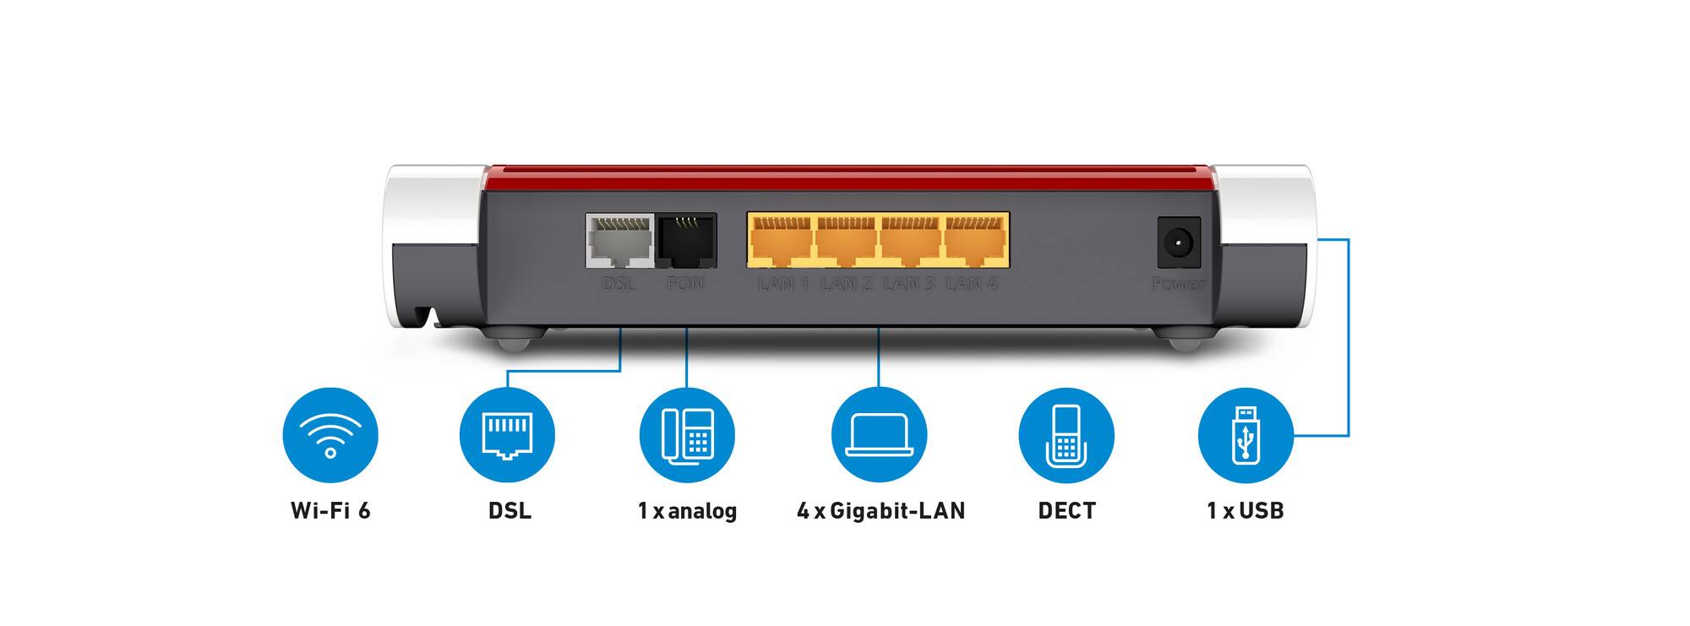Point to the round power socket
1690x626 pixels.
pos(1178,244)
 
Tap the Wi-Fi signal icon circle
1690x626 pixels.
pos(330,435)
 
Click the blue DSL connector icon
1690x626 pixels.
pos(507,435)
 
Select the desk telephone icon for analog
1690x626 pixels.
pos(687,435)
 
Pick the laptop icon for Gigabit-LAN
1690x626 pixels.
pos(879,435)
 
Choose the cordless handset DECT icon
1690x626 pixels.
pos(1066,435)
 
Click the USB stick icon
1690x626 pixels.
pos(1246,435)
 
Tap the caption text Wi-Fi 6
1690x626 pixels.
pos(330,510)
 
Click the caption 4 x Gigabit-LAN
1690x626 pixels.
pos(880,510)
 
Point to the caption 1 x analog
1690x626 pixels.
pos(687,510)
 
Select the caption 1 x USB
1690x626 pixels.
pos(1246,510)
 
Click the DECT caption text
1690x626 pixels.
pos(1066,510)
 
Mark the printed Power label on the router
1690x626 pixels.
pos(1179,284)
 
